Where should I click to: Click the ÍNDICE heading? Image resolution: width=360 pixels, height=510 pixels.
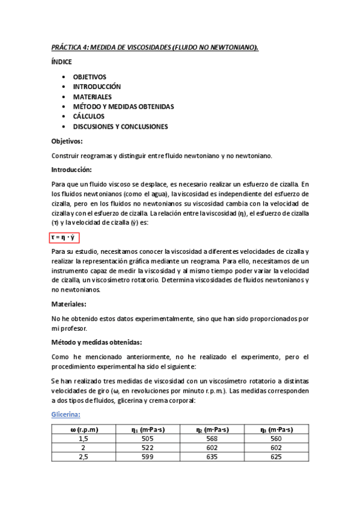pos(62,62)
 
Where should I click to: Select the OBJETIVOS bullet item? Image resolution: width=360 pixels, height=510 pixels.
pos(90,77)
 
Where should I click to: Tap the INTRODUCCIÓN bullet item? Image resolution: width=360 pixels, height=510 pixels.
pos(97,87)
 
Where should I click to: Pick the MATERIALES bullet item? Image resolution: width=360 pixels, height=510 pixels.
pos(92,96)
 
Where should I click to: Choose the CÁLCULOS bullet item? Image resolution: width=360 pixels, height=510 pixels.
pos(89,116)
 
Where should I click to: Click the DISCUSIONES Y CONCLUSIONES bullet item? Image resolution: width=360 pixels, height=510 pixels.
pos(120,126)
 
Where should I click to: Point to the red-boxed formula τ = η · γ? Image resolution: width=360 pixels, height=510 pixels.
pos(65,238)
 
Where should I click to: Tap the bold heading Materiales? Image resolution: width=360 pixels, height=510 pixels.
pos(69,304)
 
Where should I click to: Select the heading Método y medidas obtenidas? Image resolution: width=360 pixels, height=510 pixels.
pos(97,343)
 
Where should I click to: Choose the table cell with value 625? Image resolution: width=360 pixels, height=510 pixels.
pos(276,458)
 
